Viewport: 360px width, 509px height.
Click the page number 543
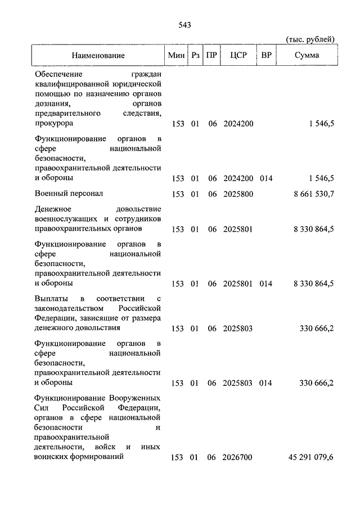coord(185,25)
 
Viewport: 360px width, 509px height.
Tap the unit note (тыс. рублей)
coord(310,39)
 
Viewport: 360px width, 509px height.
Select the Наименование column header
coord(98,56)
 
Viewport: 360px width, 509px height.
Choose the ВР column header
coord(265,56)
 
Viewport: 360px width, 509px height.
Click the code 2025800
coord(238,194)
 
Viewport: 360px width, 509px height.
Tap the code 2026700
coord(238,458)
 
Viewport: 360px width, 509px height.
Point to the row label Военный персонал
coord(69,193)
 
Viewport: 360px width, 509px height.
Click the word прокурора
coord(55,123)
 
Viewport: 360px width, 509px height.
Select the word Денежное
coord(55,209)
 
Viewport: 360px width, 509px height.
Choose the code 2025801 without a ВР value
coord(238,229)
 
